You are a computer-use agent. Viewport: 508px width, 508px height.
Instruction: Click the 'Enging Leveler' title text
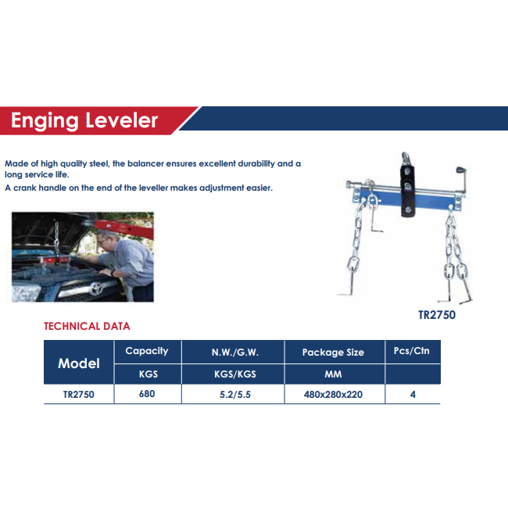[x=84, y=121]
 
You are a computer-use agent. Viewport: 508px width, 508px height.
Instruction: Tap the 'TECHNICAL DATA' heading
[x=87, y=326]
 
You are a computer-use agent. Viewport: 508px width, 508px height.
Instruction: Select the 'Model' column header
[x=79, y=363]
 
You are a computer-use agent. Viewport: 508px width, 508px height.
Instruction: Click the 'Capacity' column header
[x=147, y=351]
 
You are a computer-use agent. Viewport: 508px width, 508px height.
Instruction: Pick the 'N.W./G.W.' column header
[x=235, y=352]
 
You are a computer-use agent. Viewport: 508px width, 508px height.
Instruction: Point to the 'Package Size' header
[x=333, y=352]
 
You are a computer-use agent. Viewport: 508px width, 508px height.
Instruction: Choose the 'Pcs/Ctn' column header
[x=411, y=351]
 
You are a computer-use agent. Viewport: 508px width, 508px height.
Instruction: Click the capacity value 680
[x=147, y=394]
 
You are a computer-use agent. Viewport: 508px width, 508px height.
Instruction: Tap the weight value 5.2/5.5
[x=235, y=395]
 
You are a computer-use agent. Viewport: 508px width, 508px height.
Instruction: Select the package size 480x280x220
[x=333, y=395]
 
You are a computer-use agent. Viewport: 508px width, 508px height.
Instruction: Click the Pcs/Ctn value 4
[x=413, y=395]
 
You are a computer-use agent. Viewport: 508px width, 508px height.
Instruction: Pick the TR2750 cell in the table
[x=79, y=395]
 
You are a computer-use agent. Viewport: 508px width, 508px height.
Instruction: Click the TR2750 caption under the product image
[x=437, y=315]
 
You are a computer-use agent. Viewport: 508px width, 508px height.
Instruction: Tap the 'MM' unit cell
[x=333, y=374]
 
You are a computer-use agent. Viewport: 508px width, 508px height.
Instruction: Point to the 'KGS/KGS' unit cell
[x=235, y=374]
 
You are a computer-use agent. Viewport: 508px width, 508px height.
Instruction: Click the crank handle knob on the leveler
[x=460, y=170]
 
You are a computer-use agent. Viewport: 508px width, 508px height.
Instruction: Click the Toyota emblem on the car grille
[x=96, y=288]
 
